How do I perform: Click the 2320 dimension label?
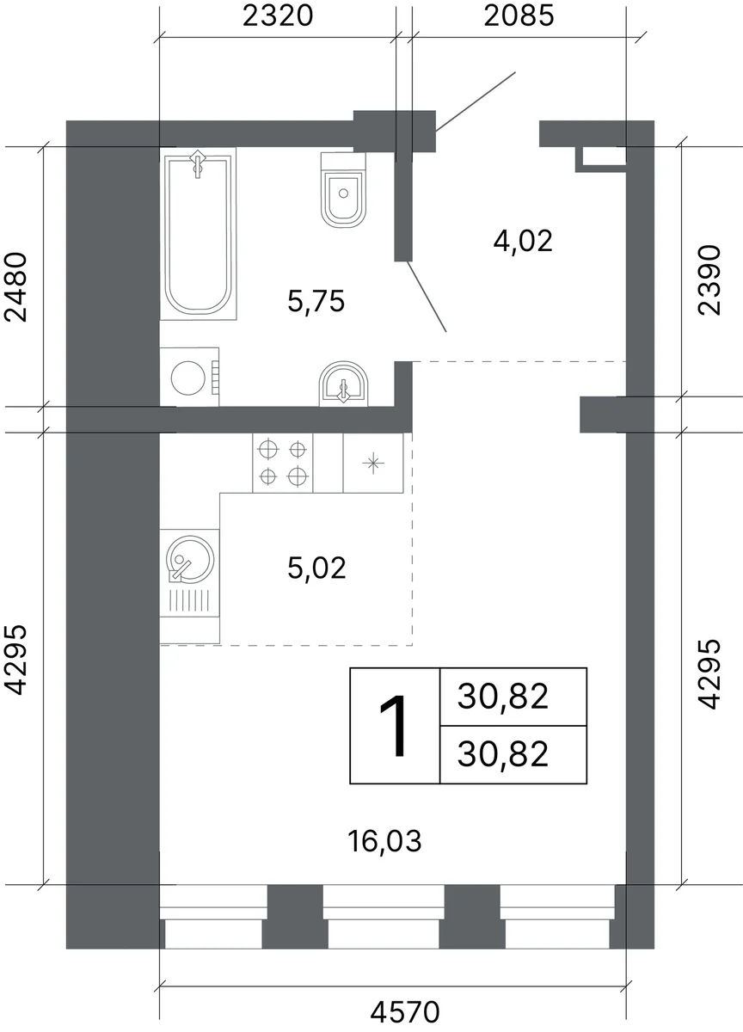pyautogui.click(x=278, y=16)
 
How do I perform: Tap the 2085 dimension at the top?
pyautogui.click(x=519, y=16)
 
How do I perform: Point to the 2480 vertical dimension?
pyautogui.click(x=16, y=286)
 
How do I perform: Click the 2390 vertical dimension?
pyautogui.click(x=709, y=280)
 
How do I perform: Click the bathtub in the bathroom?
pyautogui.click(x=198, y=234)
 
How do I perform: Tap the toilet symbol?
pyautogui.click(x=343, y=190)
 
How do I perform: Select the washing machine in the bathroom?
pyautogui.click(x=189, y=377)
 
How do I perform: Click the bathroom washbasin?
pyautogui.click(x=344, y=384)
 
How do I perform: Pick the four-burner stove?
pyautogui.click(x=282, y=463)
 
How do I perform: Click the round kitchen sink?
pyautogui.click(x=190, y=561)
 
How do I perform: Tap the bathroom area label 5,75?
pyautogui.click(x=316, y=302)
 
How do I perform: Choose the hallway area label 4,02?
pyautogui.click(x=523, y=241)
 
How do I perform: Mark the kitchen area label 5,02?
pyautogui.click(x=316, y=568)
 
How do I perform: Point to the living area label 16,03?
pyautogui.click(x=384, y=841)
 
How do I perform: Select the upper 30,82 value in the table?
pyautogui.click(x=503, y=696)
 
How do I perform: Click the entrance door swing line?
pyautogui.click(x=476, y=101)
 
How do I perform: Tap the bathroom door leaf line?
pyautogui.click(x=427, y=296)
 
